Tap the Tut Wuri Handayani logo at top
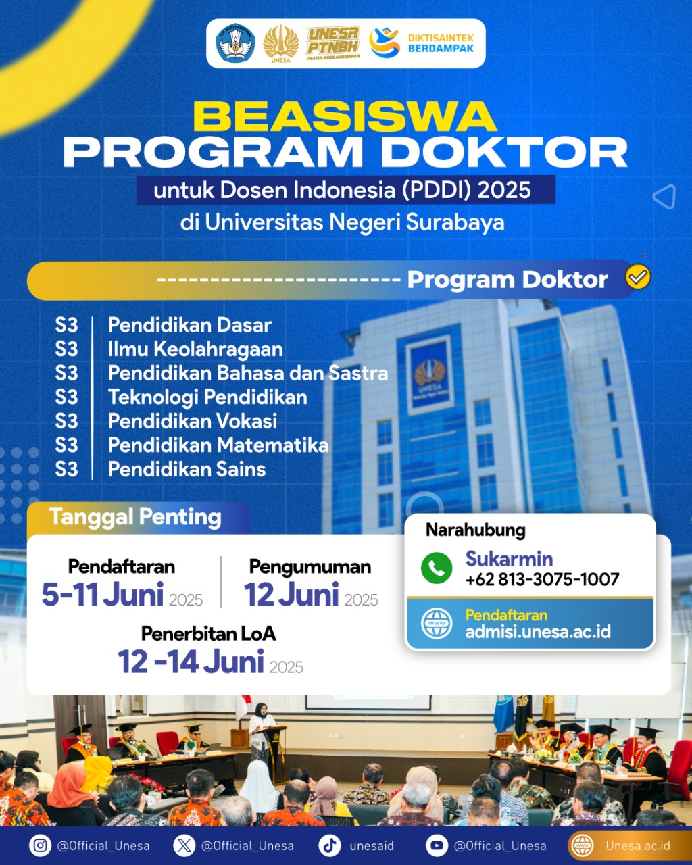click(235, 43)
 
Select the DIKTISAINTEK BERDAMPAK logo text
click(441, 43)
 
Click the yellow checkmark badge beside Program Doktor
click(638, 277)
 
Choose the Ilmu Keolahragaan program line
click(195, 349)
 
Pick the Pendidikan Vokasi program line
click(193, 421)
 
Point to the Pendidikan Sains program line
click(187, 469)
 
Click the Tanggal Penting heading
click(135, 517)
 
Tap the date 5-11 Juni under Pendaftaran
click(103, 595)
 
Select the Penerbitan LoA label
click(208, 633)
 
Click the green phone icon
click(437, 568)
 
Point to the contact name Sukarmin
click(509, 559)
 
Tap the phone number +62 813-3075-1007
click(542, 579)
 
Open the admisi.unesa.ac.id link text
click(538, 632)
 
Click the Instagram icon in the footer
click(41, 845)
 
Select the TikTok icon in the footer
click(330, 845)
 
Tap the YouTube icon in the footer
click(437, 845)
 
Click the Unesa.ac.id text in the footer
click(637, 845)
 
